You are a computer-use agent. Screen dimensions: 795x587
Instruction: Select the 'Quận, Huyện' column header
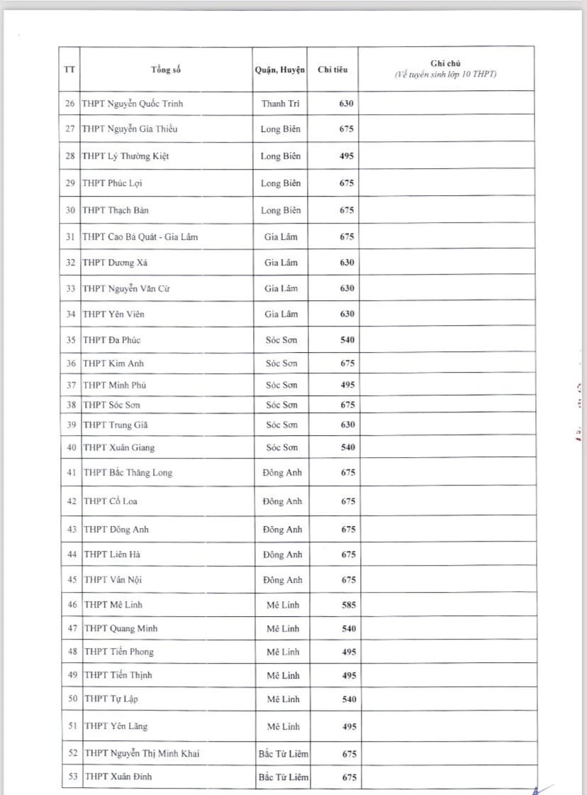coord(279,70)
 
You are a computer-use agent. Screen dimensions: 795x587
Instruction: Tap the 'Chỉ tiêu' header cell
coord(332,70)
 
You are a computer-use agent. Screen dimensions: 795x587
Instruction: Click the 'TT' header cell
coord(69,70)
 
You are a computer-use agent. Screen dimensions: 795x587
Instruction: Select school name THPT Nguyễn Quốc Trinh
coord(142,104)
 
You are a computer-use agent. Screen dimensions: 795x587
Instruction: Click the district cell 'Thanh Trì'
coord(280,104)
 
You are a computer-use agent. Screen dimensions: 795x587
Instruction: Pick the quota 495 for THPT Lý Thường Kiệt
coord(347,156)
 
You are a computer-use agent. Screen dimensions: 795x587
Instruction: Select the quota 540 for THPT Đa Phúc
coord(347,340)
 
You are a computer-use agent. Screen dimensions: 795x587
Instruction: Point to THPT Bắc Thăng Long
coord(128,473)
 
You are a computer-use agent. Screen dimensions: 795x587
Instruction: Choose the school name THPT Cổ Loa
coord(111,501)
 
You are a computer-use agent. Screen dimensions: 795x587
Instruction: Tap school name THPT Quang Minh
coord(121,628)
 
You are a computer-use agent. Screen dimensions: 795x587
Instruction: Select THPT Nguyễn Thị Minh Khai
coord(141,753)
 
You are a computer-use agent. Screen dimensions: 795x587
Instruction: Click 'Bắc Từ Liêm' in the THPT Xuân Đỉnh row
coord(284,777)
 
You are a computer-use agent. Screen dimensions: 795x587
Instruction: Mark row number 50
coord(72,699)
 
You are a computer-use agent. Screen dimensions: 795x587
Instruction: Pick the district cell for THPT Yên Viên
coord(281,314)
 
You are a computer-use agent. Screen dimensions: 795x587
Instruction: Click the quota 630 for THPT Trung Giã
coord(347,424)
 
